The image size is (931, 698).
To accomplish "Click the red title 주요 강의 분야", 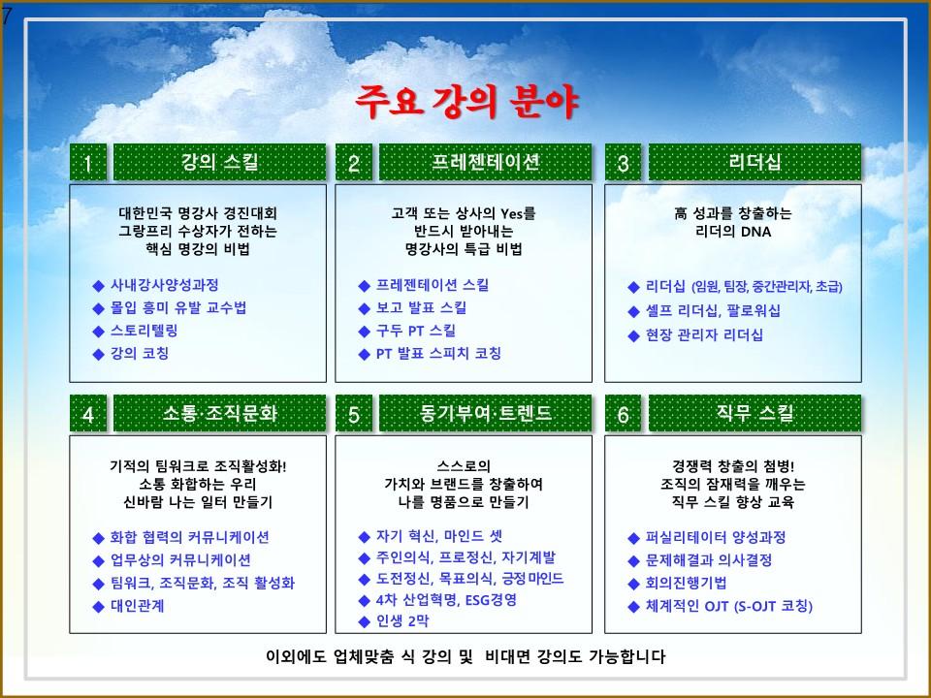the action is (466, 102).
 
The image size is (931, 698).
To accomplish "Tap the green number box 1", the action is (88, 162).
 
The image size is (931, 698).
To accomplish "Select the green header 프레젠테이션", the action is (485, 162).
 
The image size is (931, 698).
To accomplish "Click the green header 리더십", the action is (754, 162).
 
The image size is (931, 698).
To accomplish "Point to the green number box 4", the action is (88, 413).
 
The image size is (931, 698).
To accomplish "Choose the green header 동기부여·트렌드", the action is (485, 413).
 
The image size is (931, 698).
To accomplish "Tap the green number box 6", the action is (623, 413).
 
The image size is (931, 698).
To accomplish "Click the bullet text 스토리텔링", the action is (144, 331).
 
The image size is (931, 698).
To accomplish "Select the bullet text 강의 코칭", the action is (140, 354).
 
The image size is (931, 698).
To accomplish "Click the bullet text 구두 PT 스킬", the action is (416, 331).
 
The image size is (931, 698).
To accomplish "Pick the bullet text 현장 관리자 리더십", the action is (704, 335).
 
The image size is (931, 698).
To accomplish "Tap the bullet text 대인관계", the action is (137, 606).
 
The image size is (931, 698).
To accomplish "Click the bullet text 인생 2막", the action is (401, 621).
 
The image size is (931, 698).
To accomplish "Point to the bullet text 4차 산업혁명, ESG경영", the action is (446, 600).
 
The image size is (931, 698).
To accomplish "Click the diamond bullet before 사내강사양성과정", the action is (99, 286).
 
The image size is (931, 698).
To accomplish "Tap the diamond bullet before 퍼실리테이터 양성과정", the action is (633, 538).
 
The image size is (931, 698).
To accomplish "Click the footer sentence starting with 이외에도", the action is (465, 656).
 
